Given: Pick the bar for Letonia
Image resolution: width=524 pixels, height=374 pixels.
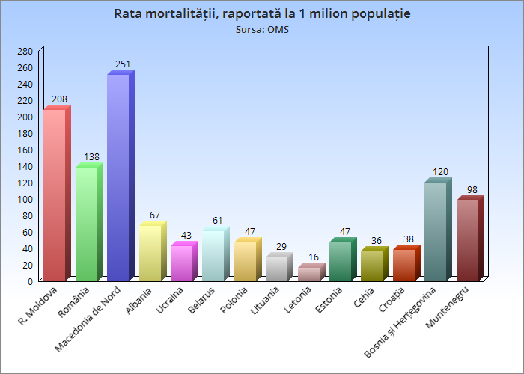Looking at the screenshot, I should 308,274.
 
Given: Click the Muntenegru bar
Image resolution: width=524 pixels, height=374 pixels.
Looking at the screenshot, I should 467,239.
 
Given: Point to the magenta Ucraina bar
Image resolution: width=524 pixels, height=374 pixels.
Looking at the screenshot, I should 181,263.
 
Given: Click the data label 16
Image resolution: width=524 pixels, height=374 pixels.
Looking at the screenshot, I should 314,257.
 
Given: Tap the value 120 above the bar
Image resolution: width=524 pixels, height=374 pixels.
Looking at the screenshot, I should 441,172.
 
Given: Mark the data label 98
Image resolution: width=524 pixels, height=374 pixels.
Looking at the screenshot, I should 472,190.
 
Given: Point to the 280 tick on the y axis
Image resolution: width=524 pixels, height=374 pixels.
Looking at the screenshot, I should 25,52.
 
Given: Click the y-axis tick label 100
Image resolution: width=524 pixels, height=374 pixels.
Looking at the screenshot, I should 25,200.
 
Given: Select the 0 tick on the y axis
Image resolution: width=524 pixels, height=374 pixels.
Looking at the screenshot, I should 30,282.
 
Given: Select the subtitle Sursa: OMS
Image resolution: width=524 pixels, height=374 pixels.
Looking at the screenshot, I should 262,30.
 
